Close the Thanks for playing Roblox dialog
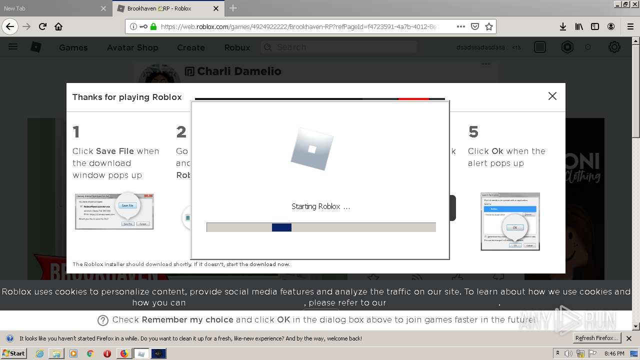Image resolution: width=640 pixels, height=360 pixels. pos(552,96)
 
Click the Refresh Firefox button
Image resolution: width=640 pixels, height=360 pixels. pos(596,338)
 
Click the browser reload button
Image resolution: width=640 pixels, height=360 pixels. pos(42,26)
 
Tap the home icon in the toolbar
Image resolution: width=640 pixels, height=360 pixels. pos(58,26)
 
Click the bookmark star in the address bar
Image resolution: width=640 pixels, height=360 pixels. pos(489,26)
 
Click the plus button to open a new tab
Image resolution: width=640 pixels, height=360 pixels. pos(233,8)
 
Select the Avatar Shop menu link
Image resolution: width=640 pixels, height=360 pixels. pos(132,47)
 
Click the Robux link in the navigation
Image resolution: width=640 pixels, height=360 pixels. pos(237,47)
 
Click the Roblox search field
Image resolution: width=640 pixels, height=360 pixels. pos(340,47)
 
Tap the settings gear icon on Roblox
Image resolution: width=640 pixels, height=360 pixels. pos(614,47)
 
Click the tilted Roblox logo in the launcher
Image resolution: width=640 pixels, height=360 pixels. pos(312,148)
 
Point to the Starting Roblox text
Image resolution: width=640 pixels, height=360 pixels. pos(320,206)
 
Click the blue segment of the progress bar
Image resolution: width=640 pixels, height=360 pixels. pos(281,227)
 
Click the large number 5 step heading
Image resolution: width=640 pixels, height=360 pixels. pos(473,132)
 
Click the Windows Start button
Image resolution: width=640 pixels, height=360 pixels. pos(13,353)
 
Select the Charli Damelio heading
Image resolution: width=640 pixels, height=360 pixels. pos(239,71)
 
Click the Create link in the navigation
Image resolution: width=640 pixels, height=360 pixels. pos(190,47)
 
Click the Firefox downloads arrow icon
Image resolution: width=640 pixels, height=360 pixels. pos(563,26)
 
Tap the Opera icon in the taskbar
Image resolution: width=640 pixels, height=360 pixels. pos(107,353)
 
